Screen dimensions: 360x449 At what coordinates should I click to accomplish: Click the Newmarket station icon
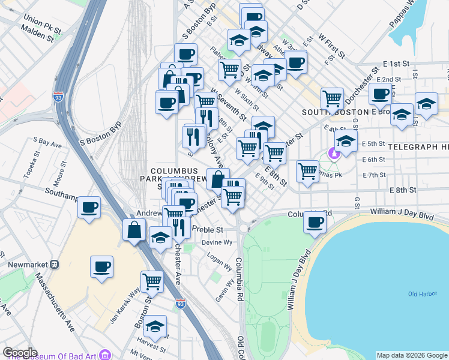pos(53,263)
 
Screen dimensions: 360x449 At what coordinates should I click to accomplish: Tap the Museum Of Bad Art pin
pos(105,354)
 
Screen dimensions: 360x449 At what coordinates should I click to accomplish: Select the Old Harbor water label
pos(421,293)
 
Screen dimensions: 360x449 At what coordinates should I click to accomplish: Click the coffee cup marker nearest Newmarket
pos(101,266)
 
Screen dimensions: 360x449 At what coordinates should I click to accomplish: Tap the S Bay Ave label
pos(48,143)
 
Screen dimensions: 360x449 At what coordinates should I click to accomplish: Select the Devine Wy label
pos(217,242)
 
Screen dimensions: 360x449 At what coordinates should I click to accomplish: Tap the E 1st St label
pos(396,64)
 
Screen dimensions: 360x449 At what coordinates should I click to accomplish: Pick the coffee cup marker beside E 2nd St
pos(380,93)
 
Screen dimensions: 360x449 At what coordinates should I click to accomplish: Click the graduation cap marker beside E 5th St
pos(346,142)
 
